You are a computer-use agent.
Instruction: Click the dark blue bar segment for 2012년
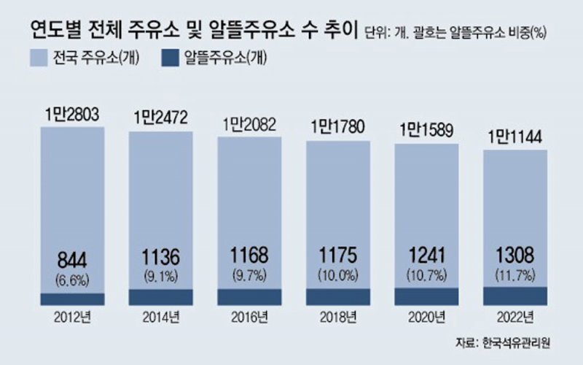[x=73, y=299]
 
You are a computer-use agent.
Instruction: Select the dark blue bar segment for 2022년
[x=515, y=296]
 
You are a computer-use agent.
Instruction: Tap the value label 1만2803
[x=73, y=114]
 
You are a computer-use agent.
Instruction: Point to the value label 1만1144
[x=515, y=136]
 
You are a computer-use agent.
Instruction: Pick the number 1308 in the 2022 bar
[x=515, y=258]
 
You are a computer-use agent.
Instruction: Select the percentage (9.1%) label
[x=161, y=277]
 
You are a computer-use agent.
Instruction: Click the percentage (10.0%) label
[x=337, y=277]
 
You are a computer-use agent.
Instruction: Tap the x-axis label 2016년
[x=249, y=318]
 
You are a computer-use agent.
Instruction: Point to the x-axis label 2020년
[x=426, y=318]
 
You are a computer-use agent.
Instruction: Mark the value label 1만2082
[x=249, y=124]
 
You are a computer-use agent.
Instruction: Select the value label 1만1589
[x=426, y=131]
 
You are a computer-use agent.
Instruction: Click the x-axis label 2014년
[x=161, y=318]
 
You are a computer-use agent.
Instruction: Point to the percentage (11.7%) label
[x=515, y=277]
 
